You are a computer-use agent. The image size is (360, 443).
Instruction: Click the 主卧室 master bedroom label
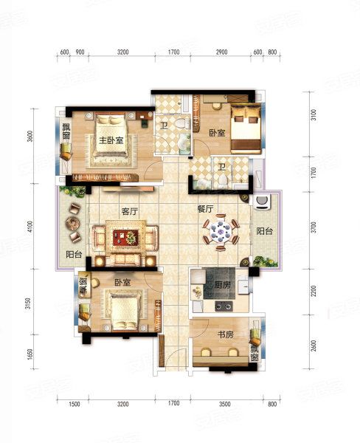click(x=110, y=139)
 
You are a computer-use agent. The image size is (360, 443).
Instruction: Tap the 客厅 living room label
click(x=131, y=210)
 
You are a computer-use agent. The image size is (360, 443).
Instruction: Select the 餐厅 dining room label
click(x=205, y=210)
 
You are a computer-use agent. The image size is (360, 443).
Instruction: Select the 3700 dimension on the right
click(x=313, y=227)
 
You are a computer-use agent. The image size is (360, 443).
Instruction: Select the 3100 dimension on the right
click(x=313, y=115)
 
